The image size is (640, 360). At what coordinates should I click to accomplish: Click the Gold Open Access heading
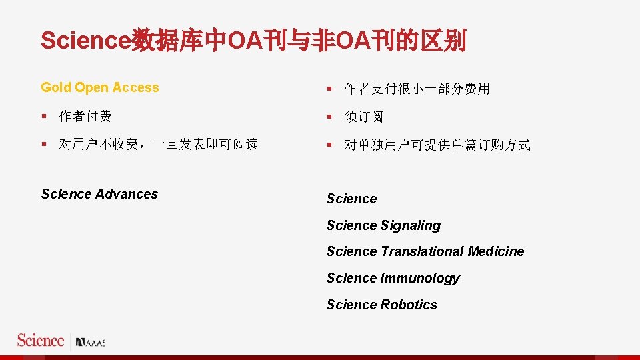click(x=100, y=88)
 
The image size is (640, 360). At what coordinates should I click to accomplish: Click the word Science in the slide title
click(x=86, y=41)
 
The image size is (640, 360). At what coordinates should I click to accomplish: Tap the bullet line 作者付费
click(x=85, y=117)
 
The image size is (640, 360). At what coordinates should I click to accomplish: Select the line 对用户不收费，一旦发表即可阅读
click(x=158, y=145)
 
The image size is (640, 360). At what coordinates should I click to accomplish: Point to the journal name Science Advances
click(x=99, y=194)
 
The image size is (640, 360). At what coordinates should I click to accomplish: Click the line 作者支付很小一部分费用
click(x=417, y=89)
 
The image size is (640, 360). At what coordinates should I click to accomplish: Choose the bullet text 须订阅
click(x=363, y=117)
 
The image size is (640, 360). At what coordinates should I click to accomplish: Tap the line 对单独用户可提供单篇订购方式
click(x=437, y=145)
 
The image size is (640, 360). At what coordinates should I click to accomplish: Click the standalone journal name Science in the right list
click(x=351, y=199)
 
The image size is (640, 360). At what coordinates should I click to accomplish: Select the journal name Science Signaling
click(x=383, y=225)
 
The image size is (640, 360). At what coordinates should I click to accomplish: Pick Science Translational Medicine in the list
click(x=425, y=251)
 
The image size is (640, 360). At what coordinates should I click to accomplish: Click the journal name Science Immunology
click(x=393, y=278)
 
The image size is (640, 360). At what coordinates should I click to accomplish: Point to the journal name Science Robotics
click(x=381, y=305)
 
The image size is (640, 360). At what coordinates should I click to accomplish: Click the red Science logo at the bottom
click(x=41, y=341)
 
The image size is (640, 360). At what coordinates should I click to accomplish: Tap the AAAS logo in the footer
click(x=91, y=343)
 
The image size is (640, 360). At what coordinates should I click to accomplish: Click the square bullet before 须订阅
click(x=329, y=117)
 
